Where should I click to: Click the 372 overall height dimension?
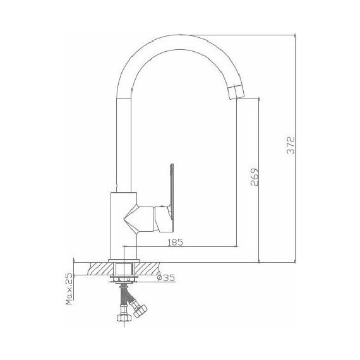(291, 145)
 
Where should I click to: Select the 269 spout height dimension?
(255, 177)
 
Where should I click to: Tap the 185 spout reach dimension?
(176, 243)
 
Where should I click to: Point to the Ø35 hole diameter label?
(165, 278)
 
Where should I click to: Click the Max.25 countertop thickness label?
(69, 289)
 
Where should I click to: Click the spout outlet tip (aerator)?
(236, 92)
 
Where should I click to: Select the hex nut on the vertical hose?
(124, 318)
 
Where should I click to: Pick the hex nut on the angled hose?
(140, 311)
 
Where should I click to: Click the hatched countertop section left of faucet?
(100, 268)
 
